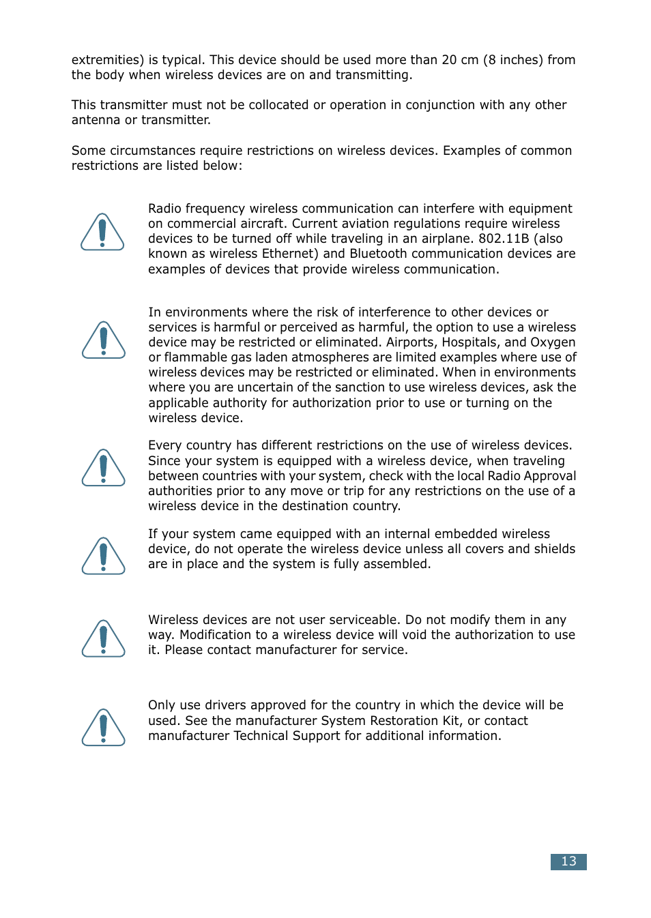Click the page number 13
[x=568, y=861]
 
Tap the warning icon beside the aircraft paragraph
[x=102, y=233]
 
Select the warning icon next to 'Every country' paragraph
[x=103, y=468]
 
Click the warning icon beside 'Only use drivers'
[x=103, y=728]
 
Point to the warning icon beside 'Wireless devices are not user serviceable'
[x=103, y=639]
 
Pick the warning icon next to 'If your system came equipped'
[x=103, y=557]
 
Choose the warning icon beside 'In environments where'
[x=103, y=340]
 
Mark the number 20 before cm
[x=449, y=60]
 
